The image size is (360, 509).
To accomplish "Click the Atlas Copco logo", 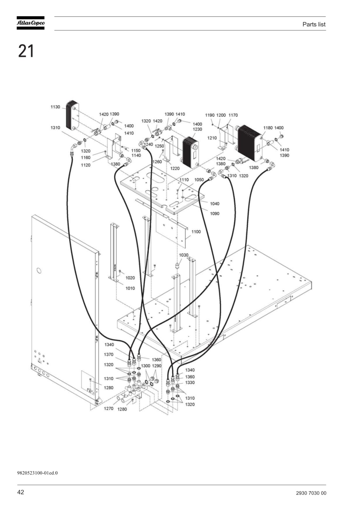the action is click(x=31, y=23).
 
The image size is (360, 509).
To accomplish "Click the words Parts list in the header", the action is click(x=314, y=24).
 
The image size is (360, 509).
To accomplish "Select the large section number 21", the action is click(x=26, y=51).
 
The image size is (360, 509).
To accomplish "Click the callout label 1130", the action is click(x=55, y=107).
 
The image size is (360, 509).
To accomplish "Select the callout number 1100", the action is click(x=196, y=232).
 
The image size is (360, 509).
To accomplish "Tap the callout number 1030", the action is click(x=184, y=255).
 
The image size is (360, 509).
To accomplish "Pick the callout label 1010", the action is click(x=130, y=288).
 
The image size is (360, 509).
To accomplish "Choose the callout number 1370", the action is click(x=109, y=354).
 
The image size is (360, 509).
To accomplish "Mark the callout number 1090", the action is click(x=215, y=213).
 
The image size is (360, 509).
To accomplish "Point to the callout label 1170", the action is click(x=233, y=115).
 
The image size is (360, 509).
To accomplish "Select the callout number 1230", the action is click(x=197, y=129).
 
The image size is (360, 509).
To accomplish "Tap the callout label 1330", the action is click(x=190, y=383).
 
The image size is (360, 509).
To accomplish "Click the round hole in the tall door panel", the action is click(x=39, y=271).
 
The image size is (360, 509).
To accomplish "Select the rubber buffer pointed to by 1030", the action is click(x=176, y=266).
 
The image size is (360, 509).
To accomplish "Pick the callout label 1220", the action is click(x=175, y=168).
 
